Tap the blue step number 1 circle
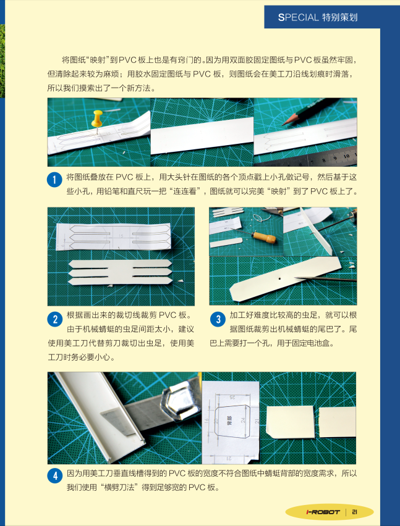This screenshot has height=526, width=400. pyautogui.click(x=54, y=180)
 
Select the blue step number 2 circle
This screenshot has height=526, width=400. pyautogui.click(x=54, y=319)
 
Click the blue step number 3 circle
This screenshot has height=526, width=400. pyautogui.click(x=218, y=319)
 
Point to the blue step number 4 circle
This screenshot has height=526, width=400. pyautogui.click(x=54, y=476)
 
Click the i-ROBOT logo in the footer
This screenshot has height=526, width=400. pyautogui.click(x=323, y=512)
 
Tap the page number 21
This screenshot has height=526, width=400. pyautogui.click(x=355, y=512)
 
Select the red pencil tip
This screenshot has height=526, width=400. pyautogui.click(x=285, y=123)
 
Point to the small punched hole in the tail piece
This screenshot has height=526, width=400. pyautogui.click(x=279, y=278)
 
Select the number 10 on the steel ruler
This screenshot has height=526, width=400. pyautogui.click(x=347, y=156)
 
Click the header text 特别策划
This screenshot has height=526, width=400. pyautogui.click(x=339, y=17)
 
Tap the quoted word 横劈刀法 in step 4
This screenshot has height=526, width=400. pyautogui.click(x=119, y=487)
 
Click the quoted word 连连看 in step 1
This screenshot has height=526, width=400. pyautogui.click(x=184, y=191)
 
